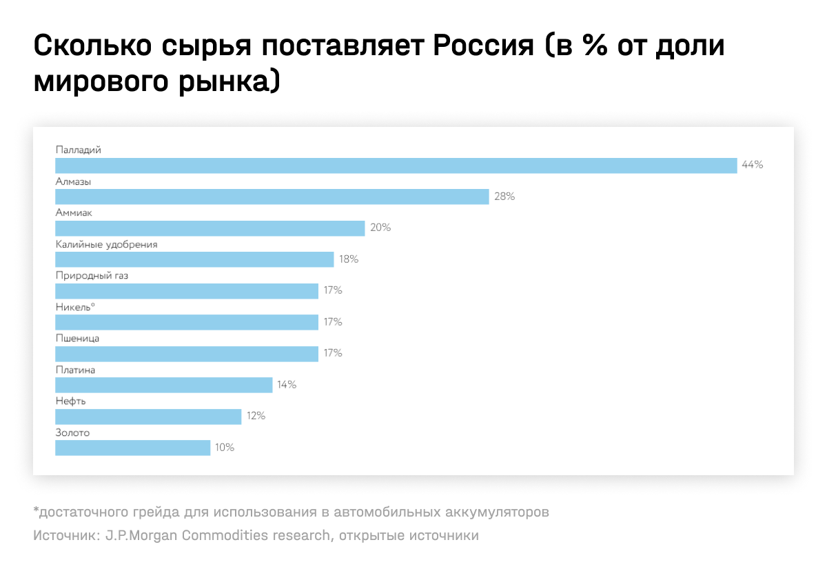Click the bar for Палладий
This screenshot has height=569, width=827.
pyautogui.click(x=396, y=166)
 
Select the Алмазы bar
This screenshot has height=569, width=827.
pyautogui.click(x=272, y=197)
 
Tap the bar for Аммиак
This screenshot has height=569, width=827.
pyautogui.click(x=210, y=228)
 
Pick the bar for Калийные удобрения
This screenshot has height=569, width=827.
pyautogui.click(x=194, y=259)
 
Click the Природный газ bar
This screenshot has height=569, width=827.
pyautogui.click(x=186, y=290)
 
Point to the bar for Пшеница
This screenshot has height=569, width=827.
pyautogui.click(x=186, y=353)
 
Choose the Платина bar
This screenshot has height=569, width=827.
pyautogui.click(x=163, y=385)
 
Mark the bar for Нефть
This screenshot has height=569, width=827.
pyautogui.click(x=148, y=416)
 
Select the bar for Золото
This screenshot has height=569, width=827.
pyautogui.click(x=132, y=448)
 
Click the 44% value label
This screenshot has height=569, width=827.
pyautogui.click(x=753, y=166)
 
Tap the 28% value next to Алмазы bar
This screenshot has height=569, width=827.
pyautogui.click(x=504, y=197)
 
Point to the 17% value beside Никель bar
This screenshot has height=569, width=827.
pyautogui.click(x=333, y=322)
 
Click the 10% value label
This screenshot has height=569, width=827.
pyautogui.click(x=225, y=448)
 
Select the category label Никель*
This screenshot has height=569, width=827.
pyautogui.click(x=75, y=307)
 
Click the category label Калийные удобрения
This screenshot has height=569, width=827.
pyautogui.click(x=107, y=244)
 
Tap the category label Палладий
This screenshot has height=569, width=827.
pyautogui.click(x=79, y=150)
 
